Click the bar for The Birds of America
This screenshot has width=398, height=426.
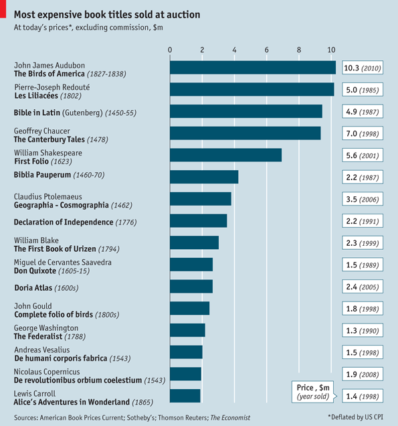(253, 68)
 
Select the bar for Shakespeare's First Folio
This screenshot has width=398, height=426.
(225, 155)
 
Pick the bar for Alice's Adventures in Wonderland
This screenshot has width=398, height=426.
(185, 396)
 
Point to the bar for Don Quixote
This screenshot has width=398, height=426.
(191, 265)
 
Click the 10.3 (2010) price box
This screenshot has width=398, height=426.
(362, 68)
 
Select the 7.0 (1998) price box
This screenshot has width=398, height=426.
(362, 133)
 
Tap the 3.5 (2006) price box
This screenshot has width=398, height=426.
(362, 199)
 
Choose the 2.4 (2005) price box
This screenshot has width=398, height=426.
(362, 287)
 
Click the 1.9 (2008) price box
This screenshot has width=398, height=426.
(362, 374)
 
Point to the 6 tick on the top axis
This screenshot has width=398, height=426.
(267, 50)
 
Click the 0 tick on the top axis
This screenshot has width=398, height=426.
(170, 50)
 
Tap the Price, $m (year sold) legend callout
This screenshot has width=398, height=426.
(314, 392)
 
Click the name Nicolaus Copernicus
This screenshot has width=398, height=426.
(47, 371)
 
